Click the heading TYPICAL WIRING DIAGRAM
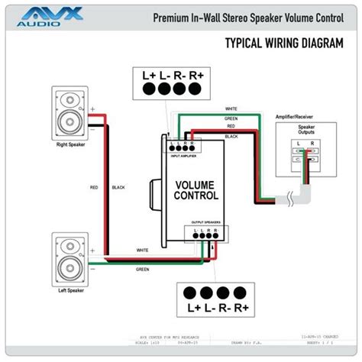[x=282, y=43]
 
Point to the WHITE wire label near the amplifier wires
[x=231, y=109]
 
